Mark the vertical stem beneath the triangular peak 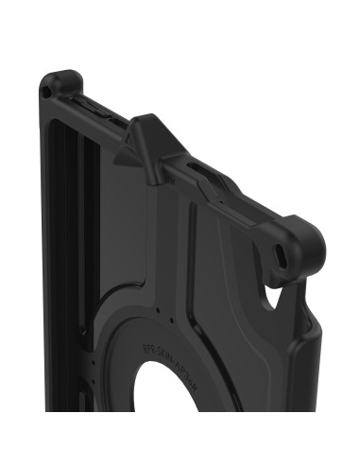pos(154,172)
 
